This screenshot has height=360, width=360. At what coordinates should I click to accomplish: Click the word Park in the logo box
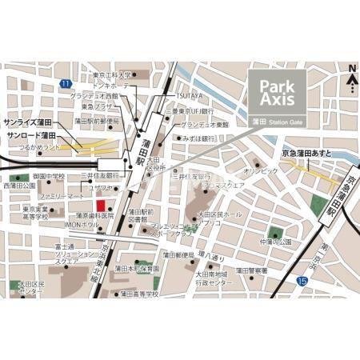pyautogui.click(x=276, y=85)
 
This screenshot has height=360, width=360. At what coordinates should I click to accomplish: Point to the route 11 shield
pyautogui.click(x=64, y=82)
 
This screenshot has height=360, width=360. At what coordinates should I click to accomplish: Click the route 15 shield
pyautogui.click(x=302, y=281)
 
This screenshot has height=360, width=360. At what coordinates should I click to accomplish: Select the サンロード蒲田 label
pyautogui.click(x=30, y=136)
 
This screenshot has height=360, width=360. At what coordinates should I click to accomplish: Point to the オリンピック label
pyautogui.click(x=261, y=170)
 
